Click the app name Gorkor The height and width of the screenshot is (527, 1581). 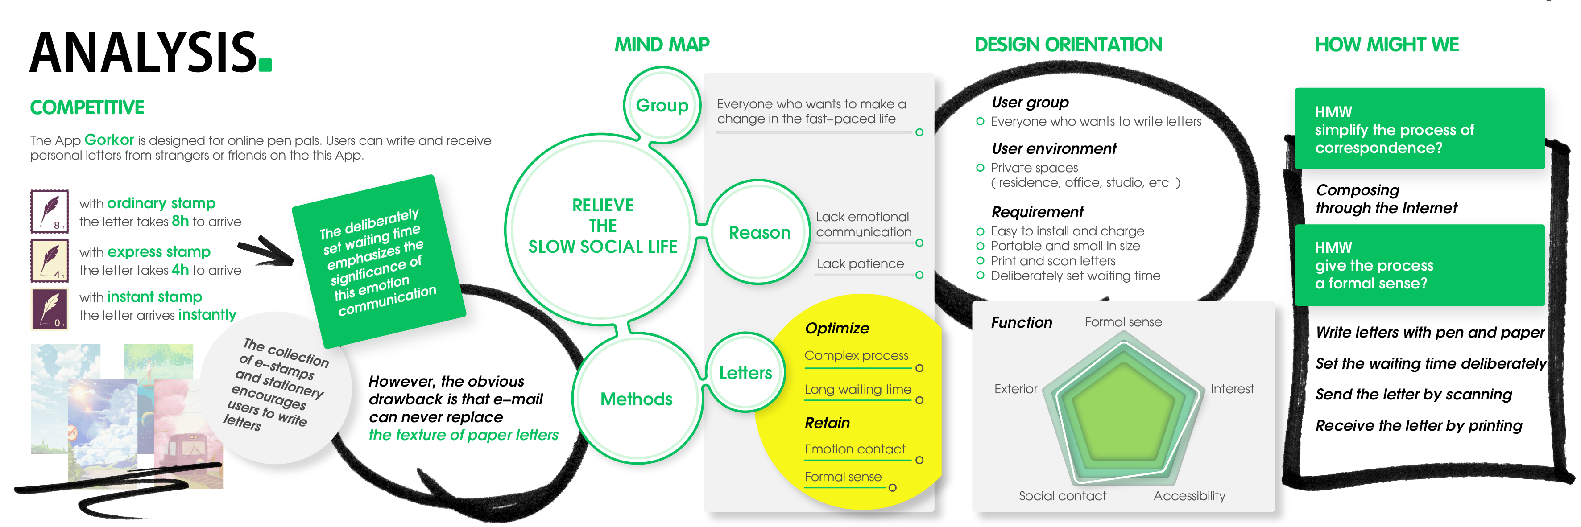pos(109,140)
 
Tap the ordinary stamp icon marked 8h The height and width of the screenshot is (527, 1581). pos(50,211)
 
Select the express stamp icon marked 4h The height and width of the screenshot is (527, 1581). pos(50,260)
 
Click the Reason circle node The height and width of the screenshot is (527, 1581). pos(759,233)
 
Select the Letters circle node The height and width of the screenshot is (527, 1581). pos(745,372)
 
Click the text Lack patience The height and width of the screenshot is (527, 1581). pos(860,264)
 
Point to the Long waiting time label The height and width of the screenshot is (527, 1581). pos(857,390)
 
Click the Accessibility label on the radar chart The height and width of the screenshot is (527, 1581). pos(1189,496)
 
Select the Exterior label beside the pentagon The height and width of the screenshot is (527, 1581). pos(1015,389)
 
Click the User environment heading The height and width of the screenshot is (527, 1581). pos(1054,148)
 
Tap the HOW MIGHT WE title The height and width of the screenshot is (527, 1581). pos(1386,45)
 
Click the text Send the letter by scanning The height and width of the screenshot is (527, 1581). pos(1413,395)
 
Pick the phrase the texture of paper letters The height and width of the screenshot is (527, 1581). pos(464,435)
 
